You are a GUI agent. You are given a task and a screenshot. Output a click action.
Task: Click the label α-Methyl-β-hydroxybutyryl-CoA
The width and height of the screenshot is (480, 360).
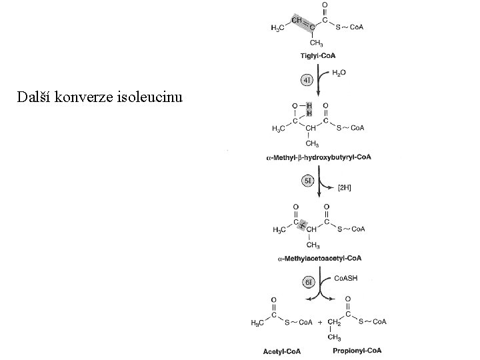(x=319, y=157)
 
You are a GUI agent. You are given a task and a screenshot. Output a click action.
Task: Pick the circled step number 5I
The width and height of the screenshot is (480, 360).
(x=307, y=180)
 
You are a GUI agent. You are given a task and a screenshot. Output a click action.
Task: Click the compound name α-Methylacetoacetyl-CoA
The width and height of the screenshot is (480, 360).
(x=319, y=258)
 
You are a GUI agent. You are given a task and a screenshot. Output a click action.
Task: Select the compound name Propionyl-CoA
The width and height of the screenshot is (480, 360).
(x=360, y=351)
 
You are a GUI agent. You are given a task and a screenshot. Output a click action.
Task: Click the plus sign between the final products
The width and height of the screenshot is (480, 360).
(x=321, y=323)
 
